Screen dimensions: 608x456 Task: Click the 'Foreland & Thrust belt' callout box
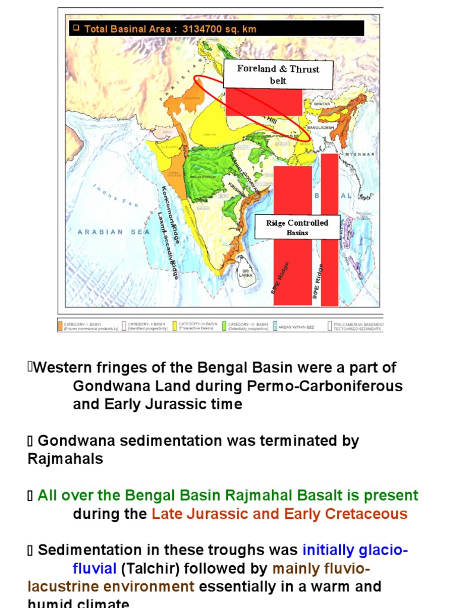point(278,74)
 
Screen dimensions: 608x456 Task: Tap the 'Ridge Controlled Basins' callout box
point(297,227)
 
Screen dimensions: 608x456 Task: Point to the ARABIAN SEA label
point(113,232)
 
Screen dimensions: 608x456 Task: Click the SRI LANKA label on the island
point(245,273)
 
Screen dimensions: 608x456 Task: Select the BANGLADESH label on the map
point(321,127)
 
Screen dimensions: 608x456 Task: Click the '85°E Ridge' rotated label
point(280,278)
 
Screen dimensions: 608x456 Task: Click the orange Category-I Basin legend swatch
point(60,326)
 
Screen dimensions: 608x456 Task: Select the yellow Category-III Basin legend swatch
point(175,326)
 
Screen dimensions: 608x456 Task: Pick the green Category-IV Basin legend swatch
point(224,326)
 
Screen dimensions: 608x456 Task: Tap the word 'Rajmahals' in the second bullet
point(65,459)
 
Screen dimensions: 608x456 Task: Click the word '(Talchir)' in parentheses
point(150,569)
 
